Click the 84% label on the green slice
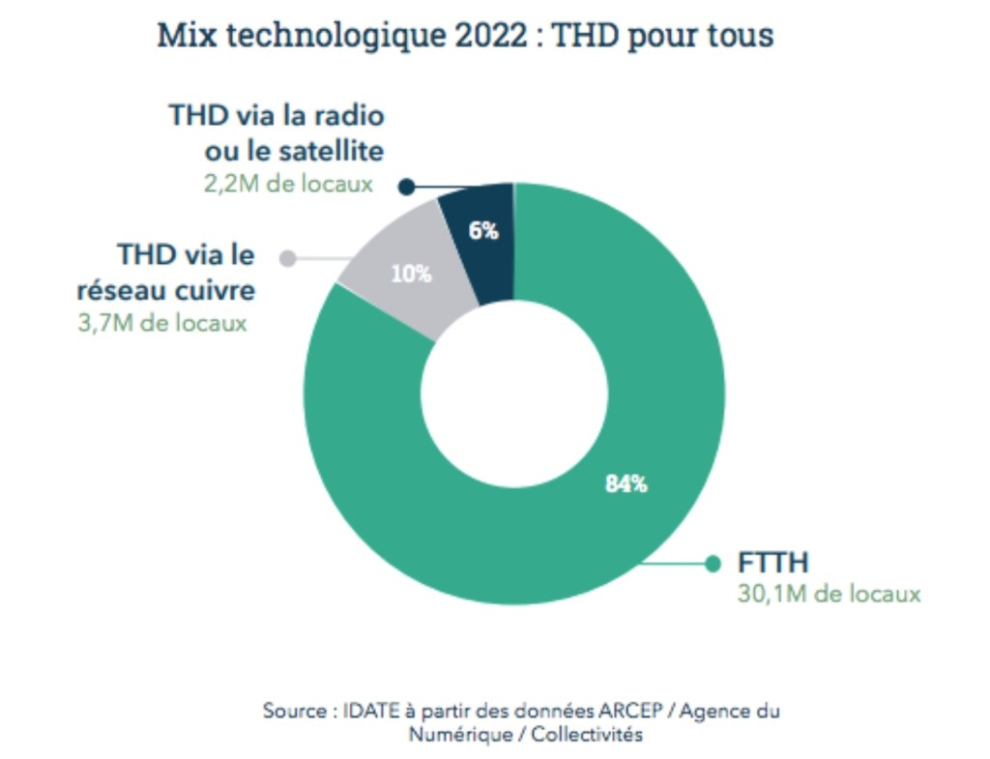point(626,484)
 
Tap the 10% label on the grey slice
point(411,274)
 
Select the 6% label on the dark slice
point(483,231)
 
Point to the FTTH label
point(773,563)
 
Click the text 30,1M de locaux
point(829,595)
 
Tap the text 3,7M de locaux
point(161,322)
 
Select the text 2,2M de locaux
point(288,184)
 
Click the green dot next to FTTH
point(713,564)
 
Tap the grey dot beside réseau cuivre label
point(286,257)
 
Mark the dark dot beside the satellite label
point(407,187)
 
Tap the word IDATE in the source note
point(372,711)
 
